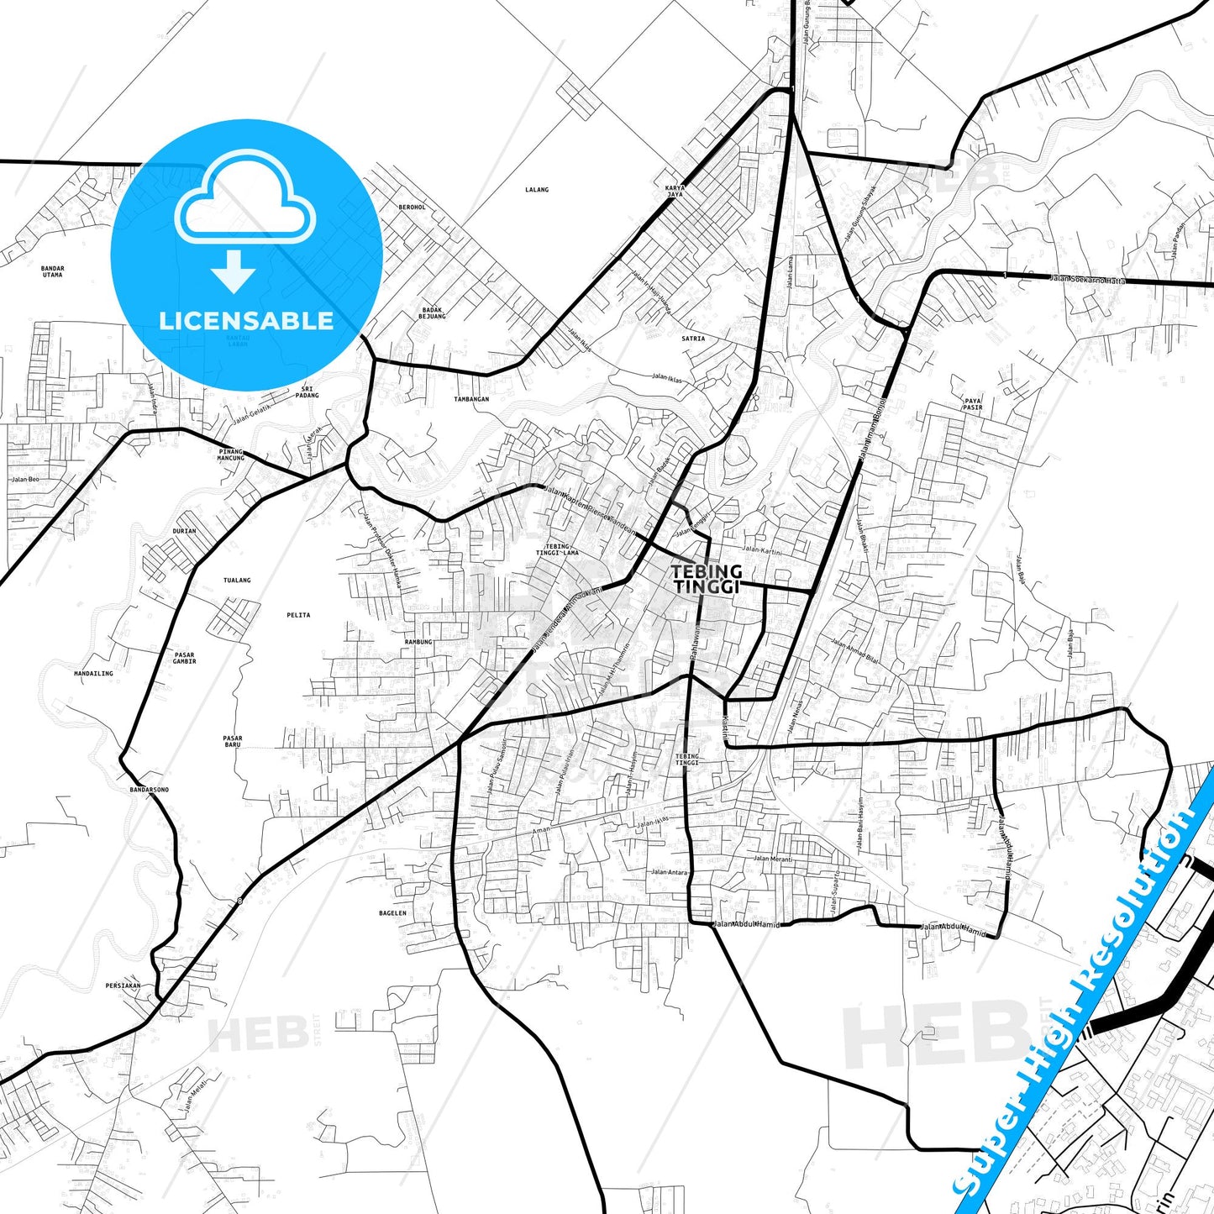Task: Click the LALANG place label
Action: [536, 190]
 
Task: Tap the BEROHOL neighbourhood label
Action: [412, 207]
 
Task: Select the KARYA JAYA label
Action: [675, 191]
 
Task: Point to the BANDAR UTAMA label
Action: [52, 271]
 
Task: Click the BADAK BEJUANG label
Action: [432, 313]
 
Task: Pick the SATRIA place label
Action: [693, 339]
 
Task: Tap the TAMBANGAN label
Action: [471, 399]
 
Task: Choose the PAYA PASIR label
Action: [972, 404]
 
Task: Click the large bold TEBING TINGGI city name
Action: [706, 579]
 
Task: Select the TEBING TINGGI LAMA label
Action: [557, 549]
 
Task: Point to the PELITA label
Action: [298, 615]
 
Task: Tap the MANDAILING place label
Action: [93, 673]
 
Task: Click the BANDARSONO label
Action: [149, 790]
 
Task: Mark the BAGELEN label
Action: [392, 913]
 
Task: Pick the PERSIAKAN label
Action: [123, 985]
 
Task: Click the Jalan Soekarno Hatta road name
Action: [1086, 279]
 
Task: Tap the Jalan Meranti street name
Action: [772, 859]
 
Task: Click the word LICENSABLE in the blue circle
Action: [246, 321]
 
